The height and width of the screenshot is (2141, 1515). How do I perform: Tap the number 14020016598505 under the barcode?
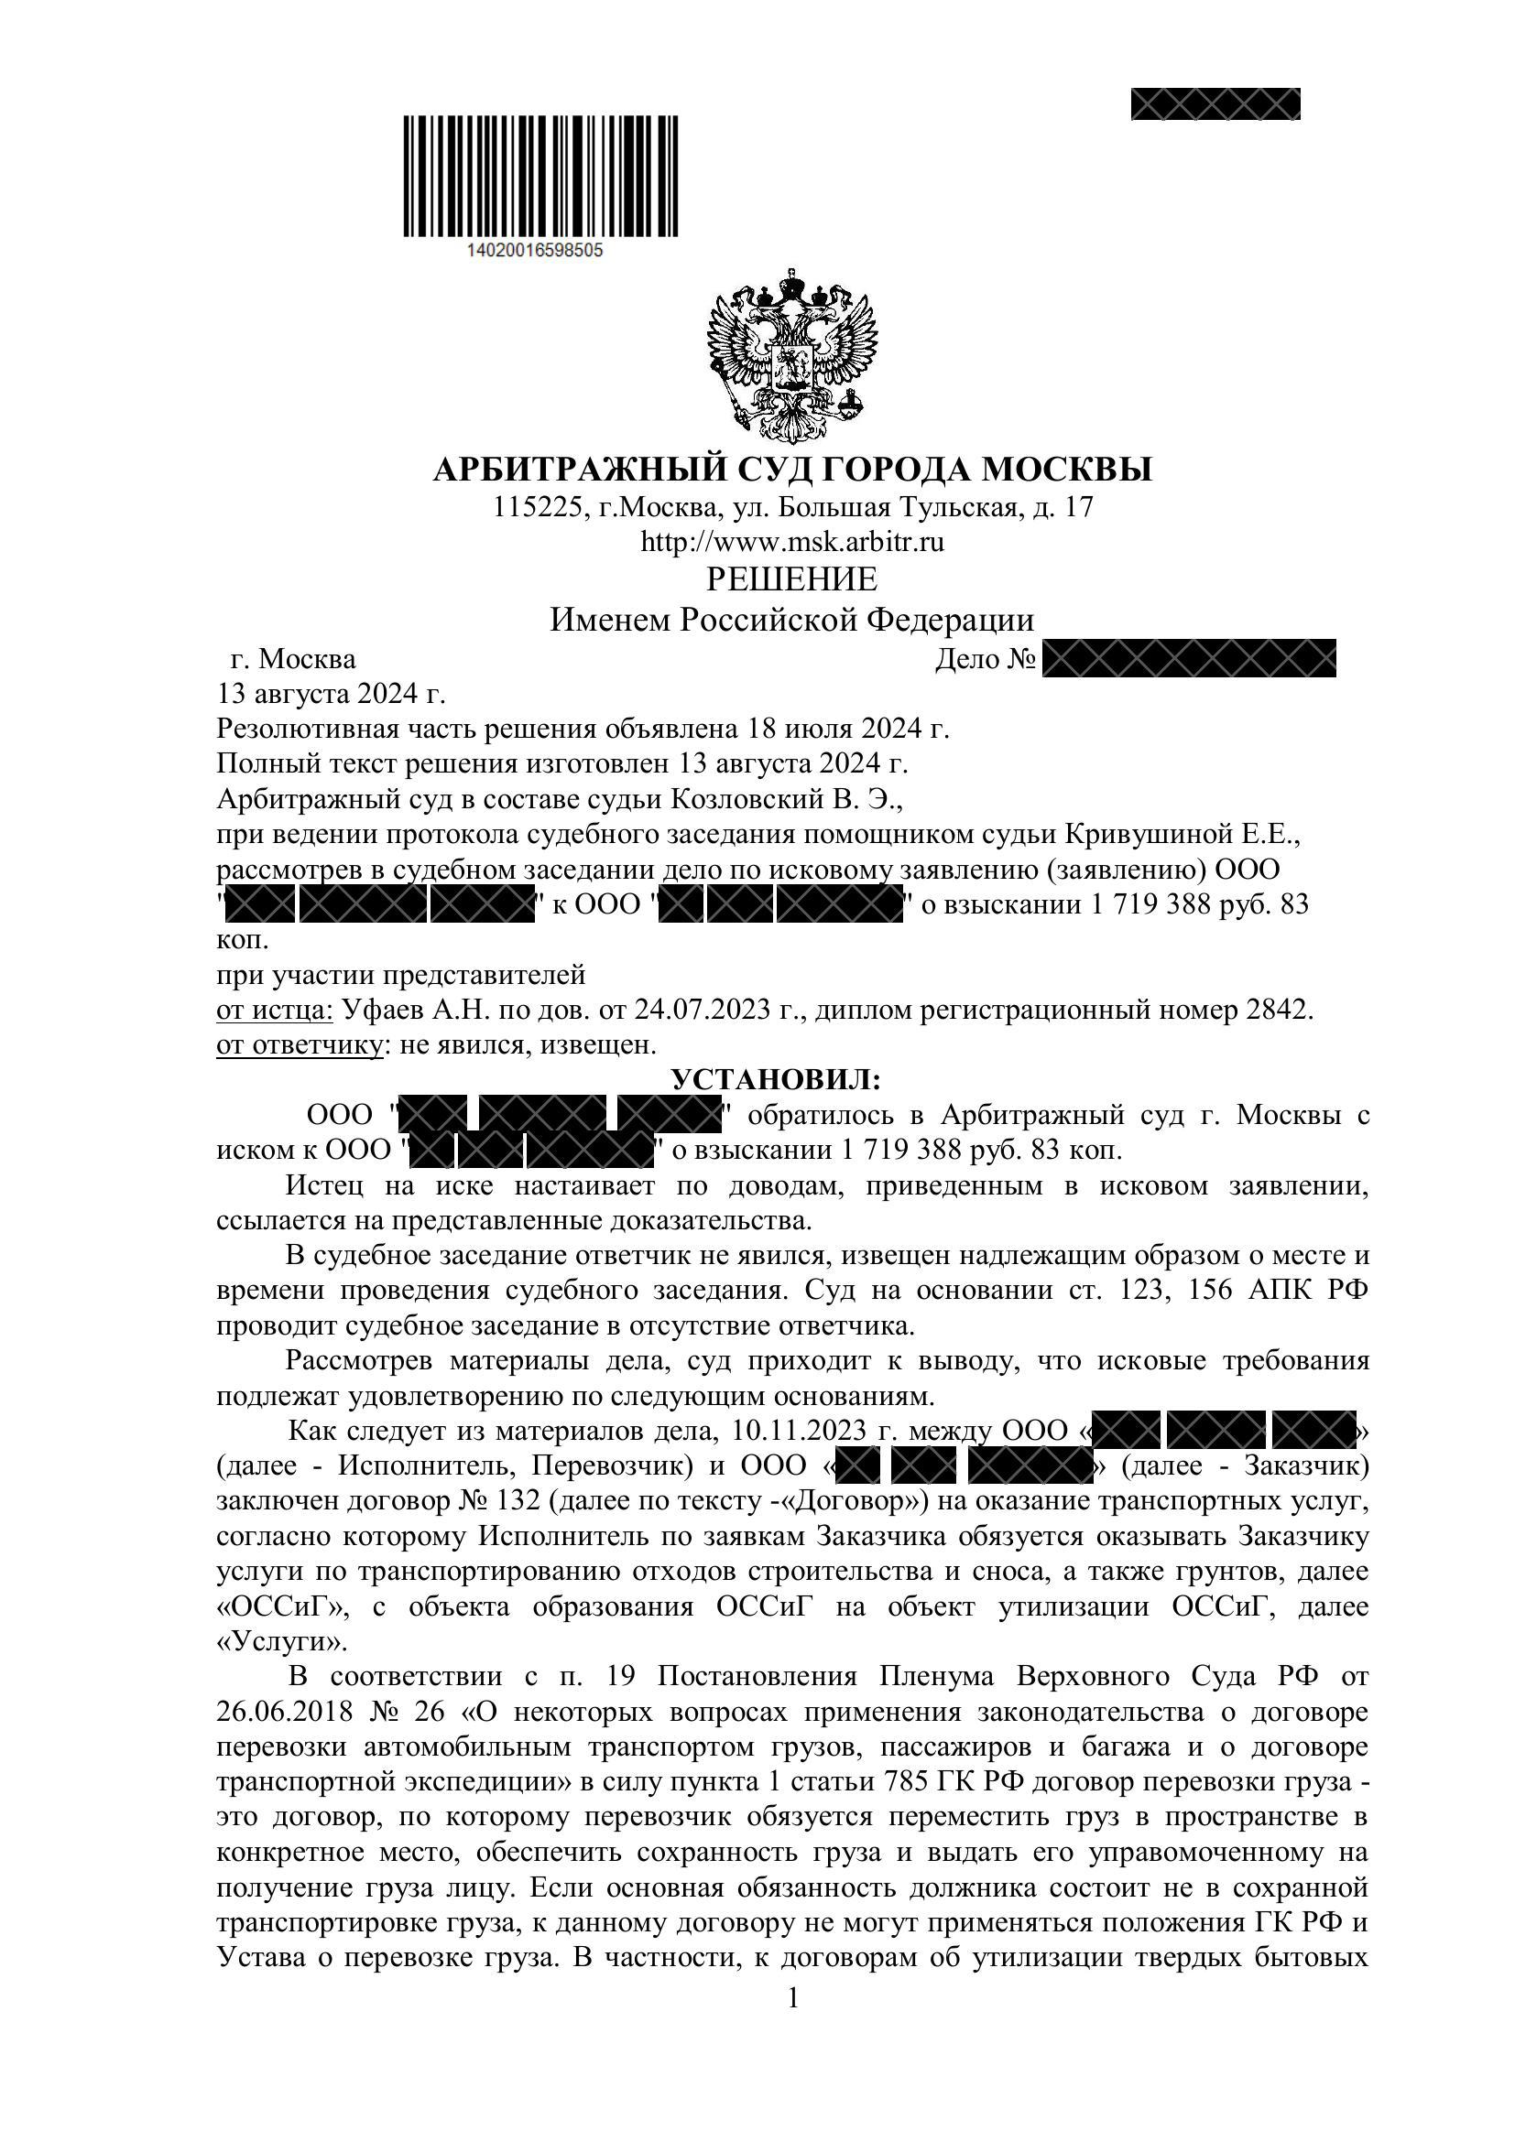(x=533, y=251)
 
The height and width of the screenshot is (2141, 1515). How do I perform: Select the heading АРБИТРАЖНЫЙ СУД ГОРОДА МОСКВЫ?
(x=792, y=469)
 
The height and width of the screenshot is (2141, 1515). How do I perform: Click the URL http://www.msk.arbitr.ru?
(x=792, y=542)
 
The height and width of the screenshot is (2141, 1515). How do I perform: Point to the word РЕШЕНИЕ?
(x=792, y=580)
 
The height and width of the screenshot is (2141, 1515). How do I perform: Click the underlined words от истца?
(x=274, y=1011)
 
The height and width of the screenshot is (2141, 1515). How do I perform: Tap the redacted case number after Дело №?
(x=1189, y=659)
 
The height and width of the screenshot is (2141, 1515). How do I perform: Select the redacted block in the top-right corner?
(x=1215, y=103)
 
